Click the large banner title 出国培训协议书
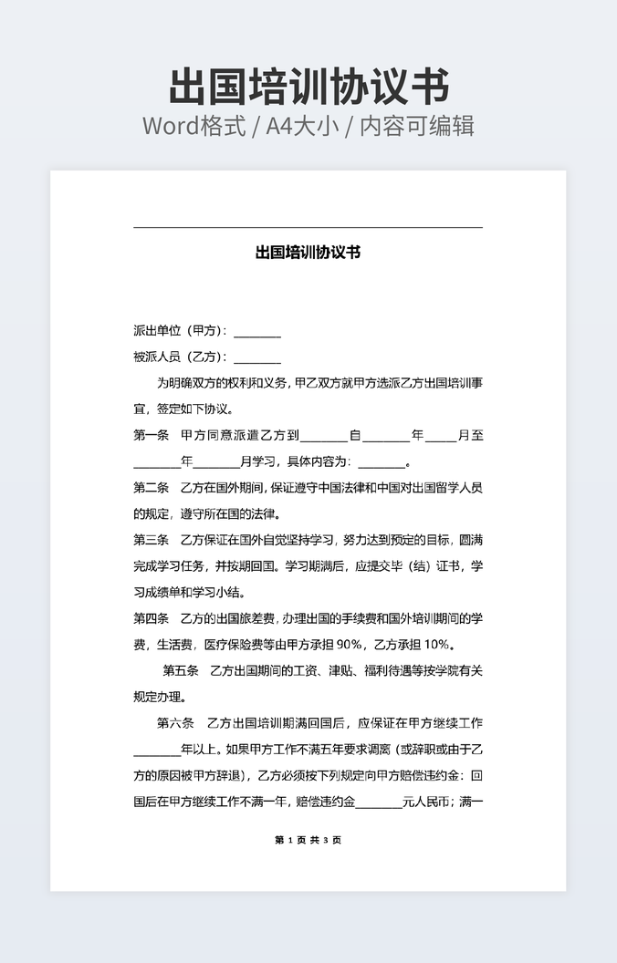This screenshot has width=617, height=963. tap(308, 88)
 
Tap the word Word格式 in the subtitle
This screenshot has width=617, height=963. tap(193, 126)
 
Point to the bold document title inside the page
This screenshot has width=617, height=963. tap(308, 252)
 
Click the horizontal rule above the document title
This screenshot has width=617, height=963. tap(308, 227)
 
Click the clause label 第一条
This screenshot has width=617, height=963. tap(152, 435)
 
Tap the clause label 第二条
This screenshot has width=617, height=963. tap(152, 487)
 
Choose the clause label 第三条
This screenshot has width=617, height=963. tap(152, 540)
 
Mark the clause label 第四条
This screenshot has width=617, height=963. tap(152, 618)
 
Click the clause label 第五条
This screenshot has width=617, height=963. tap(181, 671)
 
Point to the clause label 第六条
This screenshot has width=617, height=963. tap(175, 723)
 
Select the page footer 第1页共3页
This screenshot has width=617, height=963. tap(308, 840)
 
